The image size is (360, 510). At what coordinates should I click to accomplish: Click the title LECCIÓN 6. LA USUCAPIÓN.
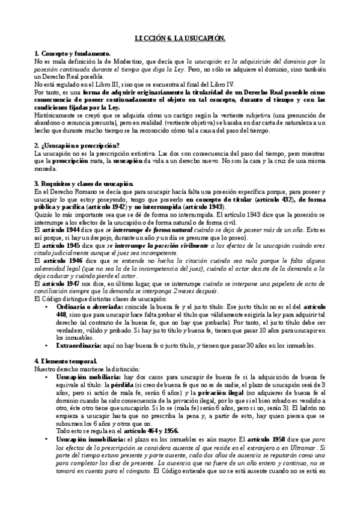(x=180, y=37)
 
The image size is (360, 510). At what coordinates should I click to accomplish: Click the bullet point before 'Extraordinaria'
(x=49, y=345)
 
